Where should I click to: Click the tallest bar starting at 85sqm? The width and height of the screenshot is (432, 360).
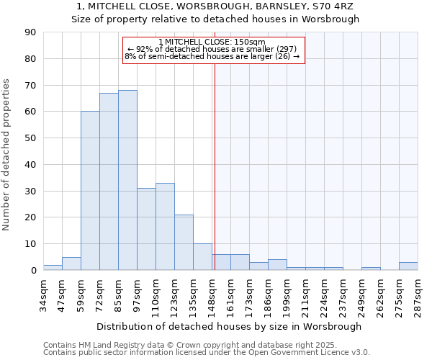(x=127, y=180)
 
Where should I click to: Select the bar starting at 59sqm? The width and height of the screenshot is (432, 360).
(x=90, y=191)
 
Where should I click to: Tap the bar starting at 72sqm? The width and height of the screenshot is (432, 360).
(x=109, y=181)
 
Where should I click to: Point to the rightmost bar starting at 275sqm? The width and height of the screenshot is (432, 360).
(x=408, y=266)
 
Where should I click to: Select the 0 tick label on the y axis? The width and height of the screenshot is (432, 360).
(x=34, y=271)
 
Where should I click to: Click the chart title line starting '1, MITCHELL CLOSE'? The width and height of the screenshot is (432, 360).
(x=215, y=6)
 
